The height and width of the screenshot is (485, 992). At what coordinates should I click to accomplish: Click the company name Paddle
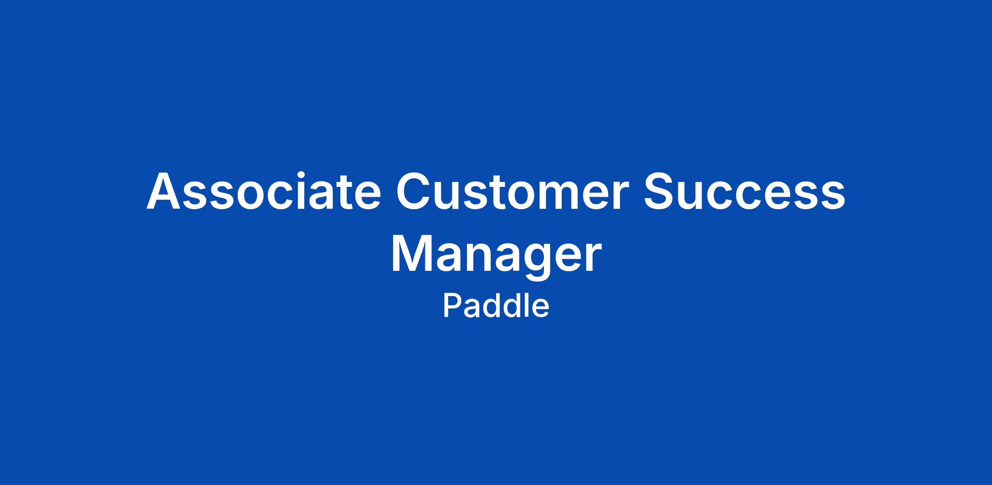496,306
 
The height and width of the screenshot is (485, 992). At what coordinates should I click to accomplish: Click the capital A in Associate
164,191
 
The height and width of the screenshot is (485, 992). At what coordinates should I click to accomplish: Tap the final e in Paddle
541,309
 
